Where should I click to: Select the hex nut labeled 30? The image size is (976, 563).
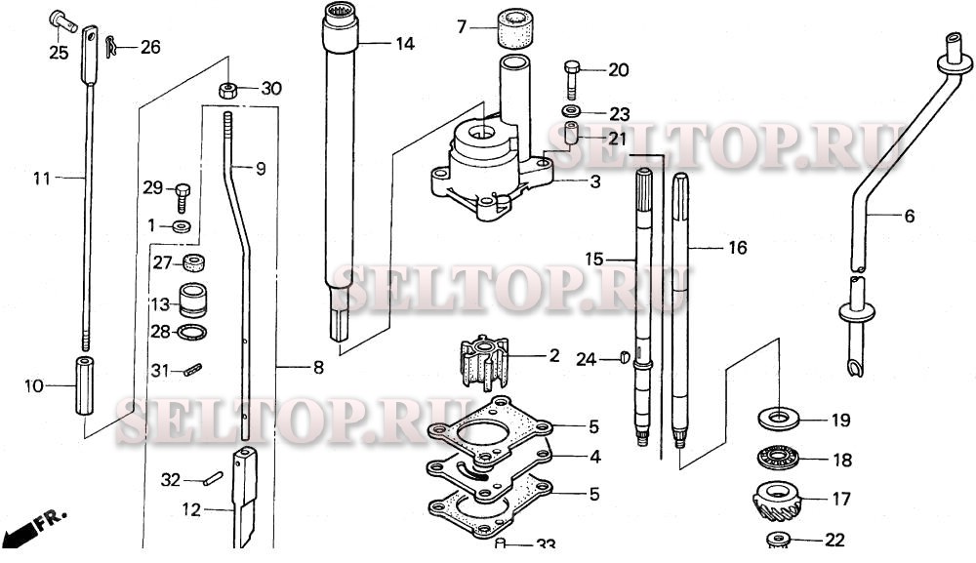click(227, 90)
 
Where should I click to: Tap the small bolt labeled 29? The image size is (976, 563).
click(183, 195)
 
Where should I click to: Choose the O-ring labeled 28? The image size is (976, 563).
click(192, 333)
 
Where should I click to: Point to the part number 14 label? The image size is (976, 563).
click(404, 44)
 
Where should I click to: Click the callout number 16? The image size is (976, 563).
click(737, 249)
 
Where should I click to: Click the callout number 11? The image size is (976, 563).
click(40, 179)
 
